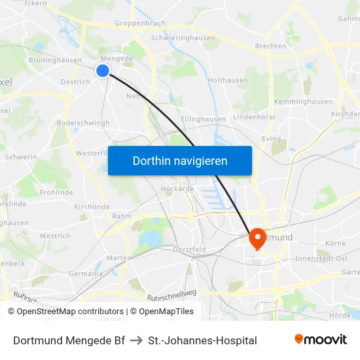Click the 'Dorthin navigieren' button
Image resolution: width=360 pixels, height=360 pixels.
click(x=180, y=160)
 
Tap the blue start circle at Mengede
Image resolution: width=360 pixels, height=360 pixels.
click(x=103, y=71)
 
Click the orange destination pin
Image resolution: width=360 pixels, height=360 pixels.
click(x=257, y=239)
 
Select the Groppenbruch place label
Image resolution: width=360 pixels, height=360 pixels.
click(x=139, y=23)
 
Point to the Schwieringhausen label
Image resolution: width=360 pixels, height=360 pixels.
click(x=183, y=38)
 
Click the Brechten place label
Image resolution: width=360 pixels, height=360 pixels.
click(x=271, y=46)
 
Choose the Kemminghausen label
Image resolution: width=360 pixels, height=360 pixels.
click(x=303, y=102)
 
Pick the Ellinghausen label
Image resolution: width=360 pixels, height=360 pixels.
click(x=203, y=119)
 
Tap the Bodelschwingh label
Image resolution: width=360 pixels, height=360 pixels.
click(x=83, y=123)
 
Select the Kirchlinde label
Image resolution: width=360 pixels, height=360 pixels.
click(x=92, y=206)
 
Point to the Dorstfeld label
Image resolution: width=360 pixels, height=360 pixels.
click(x=189, y=249)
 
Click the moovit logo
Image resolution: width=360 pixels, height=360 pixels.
click(x=320, y=339)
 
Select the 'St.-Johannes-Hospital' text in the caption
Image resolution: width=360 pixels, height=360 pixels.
click(x=202, y=340)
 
